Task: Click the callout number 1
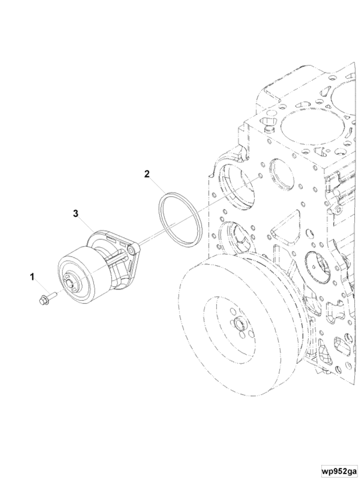pos(33,277)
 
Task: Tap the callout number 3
pos(75,213)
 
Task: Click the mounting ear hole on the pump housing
pos(131,249)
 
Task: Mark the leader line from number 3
pos(86,223)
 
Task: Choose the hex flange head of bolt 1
pos(42,300)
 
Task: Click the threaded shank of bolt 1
pos(52,295)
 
